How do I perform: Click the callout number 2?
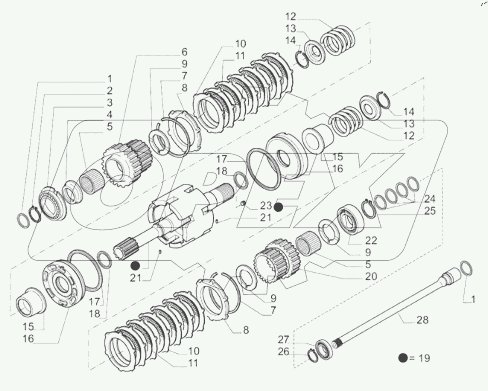point(109,91)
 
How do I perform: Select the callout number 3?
point(109,103)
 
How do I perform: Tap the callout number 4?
point(109,115)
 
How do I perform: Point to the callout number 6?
point(184,52)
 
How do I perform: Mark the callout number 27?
point(284,339)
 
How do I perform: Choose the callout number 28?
point(422,320)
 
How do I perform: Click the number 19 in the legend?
point(423,358)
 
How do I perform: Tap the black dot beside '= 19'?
point(402,358)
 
